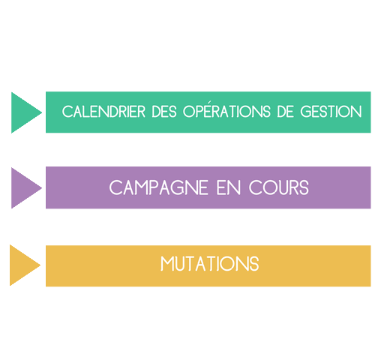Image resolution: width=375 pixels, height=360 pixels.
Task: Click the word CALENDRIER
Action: [x=103, y=112]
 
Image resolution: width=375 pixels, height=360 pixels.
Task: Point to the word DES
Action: [x=164, y=112]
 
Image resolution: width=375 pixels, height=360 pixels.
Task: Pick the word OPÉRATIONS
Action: [x=226, y=110]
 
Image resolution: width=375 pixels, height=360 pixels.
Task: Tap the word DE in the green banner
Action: [x=285, y=112]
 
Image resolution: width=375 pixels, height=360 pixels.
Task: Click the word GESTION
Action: [x=331, y=112]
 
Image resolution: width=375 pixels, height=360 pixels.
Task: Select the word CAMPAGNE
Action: [x=159, y=187]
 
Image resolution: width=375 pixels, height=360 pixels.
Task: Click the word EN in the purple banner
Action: [x=229, y=187]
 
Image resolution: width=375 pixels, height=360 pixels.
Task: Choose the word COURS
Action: [x=279, y=187]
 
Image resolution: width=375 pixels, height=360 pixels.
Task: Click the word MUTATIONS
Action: [x=210, y=264]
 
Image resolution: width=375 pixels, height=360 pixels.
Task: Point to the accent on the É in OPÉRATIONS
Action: [x=208, y=102]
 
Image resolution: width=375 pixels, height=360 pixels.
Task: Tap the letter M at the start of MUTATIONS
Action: [x=166, y=264]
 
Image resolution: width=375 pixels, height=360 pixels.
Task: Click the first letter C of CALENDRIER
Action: [x=67, y=112]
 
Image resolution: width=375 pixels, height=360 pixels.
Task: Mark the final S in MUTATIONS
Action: [x=254, y=264]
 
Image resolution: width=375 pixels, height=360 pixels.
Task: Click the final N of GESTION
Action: [x=357, y=112]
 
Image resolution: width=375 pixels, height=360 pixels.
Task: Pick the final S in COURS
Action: [x=304, y=187]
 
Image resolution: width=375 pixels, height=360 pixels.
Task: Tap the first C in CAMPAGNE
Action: [x=115, y=187]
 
